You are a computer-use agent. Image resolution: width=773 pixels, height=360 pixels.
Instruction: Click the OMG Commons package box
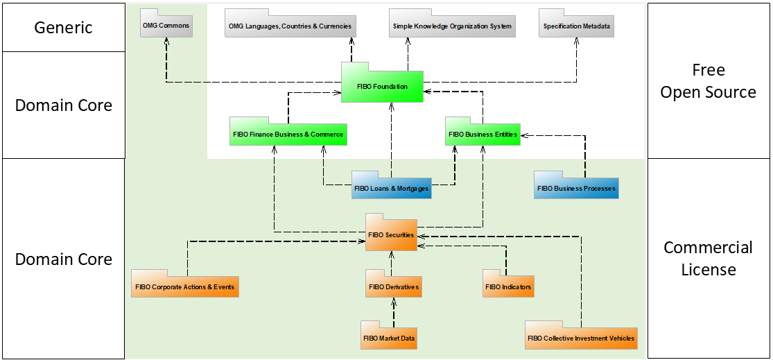(165, 26)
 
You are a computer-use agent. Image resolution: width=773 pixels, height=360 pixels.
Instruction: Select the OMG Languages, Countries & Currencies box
(290, 26)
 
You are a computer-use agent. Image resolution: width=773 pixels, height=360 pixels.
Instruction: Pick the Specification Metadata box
(577, 26)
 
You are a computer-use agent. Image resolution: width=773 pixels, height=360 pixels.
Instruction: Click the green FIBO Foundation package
(382, 87)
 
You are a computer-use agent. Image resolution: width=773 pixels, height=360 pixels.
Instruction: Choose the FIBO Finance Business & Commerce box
(288, 134)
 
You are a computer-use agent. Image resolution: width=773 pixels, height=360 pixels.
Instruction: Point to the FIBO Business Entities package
(483, 134)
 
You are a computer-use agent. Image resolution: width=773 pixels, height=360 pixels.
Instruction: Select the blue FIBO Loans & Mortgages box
(391, 188)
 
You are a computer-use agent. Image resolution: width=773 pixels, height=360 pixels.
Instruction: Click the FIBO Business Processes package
(576, 188)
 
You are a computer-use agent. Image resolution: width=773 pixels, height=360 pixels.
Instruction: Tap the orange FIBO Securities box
(391, 234)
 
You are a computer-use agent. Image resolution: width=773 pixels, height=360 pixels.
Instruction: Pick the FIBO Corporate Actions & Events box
(185, 286)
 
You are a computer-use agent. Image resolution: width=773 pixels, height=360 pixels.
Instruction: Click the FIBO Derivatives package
(393, 286)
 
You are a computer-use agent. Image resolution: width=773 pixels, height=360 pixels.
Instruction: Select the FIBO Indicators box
(508, 286)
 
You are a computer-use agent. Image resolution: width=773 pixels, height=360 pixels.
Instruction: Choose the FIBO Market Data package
(389, 338)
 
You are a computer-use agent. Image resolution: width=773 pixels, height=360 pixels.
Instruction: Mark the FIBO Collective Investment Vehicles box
(580, 338)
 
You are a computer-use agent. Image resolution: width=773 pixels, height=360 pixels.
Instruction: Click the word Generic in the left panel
(63, 28)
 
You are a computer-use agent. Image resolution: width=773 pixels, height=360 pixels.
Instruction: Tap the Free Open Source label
(708, 81)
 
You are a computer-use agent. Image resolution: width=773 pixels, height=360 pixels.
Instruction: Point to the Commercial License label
(708, 258)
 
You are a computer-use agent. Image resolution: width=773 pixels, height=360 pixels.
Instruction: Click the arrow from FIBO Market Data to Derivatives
(393, 312)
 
